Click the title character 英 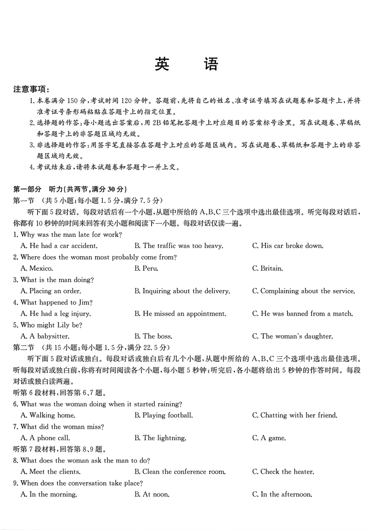coord(162,64)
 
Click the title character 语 coord(211,64)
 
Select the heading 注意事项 coord(31,89)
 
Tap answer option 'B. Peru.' coord(146,269)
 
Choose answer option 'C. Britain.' coord(268,269)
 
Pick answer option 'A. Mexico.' coord(37,269)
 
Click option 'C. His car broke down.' coord(288,246)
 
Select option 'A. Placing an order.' coord(51,291)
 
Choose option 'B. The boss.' coord(153,337)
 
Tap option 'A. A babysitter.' coord(45,337)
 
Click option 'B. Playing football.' coord(163,416)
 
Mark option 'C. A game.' coord(269,438)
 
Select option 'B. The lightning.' coord(160,438)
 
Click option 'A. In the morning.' coord(49,494)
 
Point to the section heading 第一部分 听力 coord(70,189)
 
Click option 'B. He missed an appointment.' coord(180,314)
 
